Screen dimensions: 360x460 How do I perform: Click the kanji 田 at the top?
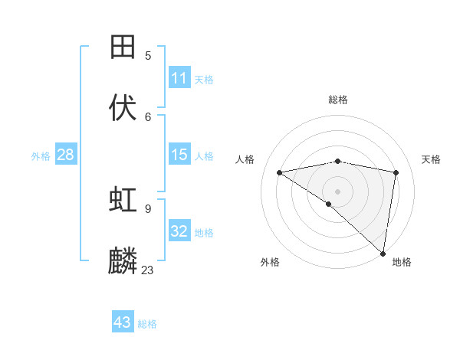(x=123, y=47)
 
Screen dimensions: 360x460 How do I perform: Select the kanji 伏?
(x=123, y=107)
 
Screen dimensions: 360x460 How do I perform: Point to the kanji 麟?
(x=123, y=260)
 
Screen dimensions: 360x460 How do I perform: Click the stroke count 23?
(x=147, y=270)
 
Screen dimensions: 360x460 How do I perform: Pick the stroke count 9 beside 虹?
(x=148, y=208)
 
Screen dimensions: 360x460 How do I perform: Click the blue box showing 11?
(x=179, y=78)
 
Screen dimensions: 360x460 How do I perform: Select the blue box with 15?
(x=179, y=155)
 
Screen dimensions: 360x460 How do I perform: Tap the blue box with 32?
(x=179, y=231)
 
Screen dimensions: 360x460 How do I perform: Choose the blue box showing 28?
(x=65, y=155)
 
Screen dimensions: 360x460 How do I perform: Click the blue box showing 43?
(x=123, y=322)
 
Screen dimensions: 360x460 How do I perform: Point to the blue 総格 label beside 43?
(x=147, y=324)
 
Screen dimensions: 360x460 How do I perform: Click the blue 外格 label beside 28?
(x=41, y=156)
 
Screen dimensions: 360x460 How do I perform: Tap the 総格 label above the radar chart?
(x=338, y=100)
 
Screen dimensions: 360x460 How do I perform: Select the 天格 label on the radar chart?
(x=431, y=159)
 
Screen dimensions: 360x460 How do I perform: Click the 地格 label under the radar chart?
(x=402, y=262)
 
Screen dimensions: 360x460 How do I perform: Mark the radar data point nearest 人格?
(x=280, y=172)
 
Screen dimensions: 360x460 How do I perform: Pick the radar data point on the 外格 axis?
(x=329, y=204)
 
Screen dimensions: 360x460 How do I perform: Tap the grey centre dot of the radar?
(x=337, y=191)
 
